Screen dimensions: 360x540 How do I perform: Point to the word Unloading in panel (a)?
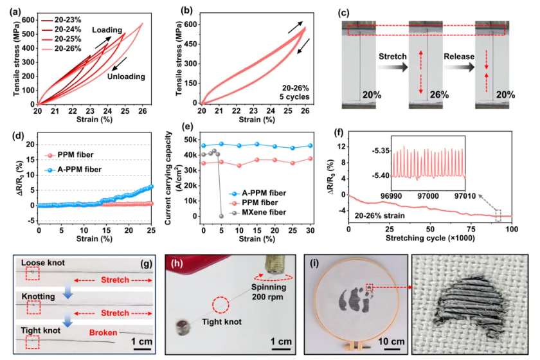pyautogui.click(x=127, y=76)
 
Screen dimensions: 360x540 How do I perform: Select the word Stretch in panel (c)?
pyautogui.click(x=391, y=57)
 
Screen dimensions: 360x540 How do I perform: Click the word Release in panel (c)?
pyautogui.click(x=458, y=57)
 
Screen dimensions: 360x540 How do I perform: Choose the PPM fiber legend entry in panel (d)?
pyautogui.click(x=72, y=156)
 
